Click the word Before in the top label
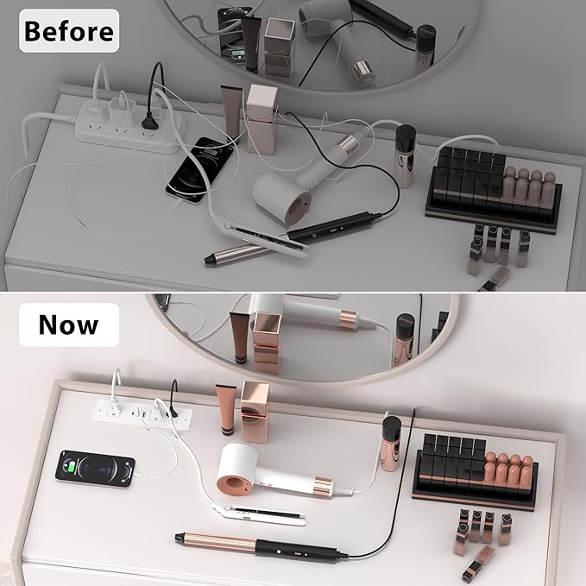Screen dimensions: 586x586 coord(69,31)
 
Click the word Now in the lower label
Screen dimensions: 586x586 coord(68,325)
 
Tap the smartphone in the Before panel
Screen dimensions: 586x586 coord(200,170)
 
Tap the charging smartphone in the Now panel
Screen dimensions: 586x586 coord(95,469)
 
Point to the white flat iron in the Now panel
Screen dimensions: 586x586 coord(259,514)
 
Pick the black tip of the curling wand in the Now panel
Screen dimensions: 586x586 coord(180,539)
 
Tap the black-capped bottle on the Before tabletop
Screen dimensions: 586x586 coord(405,156)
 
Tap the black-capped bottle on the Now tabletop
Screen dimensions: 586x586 coord(391,444)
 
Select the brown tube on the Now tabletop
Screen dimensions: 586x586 coord(226,410)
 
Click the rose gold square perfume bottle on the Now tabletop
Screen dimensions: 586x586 coord(255,412)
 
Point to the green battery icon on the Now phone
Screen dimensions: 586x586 coord(70,466)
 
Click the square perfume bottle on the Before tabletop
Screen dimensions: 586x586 coord(261,119)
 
